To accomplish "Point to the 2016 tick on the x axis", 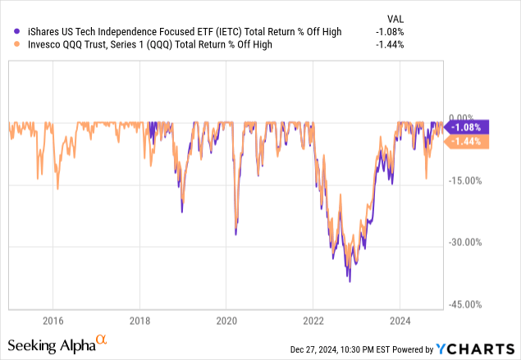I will [53, 320].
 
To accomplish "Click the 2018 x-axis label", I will [139, 320].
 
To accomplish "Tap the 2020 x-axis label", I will [226, 320].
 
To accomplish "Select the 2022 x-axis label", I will [313, 320].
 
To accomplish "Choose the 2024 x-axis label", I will [400, 320].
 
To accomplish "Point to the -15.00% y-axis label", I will [465, 180].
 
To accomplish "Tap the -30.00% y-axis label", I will [465, 242].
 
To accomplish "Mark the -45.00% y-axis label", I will [465, 304].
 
